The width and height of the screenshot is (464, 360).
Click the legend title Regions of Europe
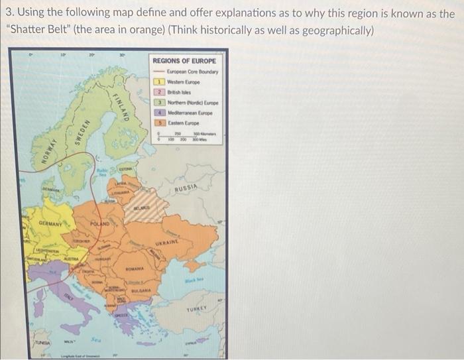(184, 61)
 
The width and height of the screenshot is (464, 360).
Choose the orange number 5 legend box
(159, 122)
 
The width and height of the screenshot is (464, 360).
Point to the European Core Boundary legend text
(194, 71)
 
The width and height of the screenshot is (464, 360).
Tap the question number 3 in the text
(9, 13)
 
